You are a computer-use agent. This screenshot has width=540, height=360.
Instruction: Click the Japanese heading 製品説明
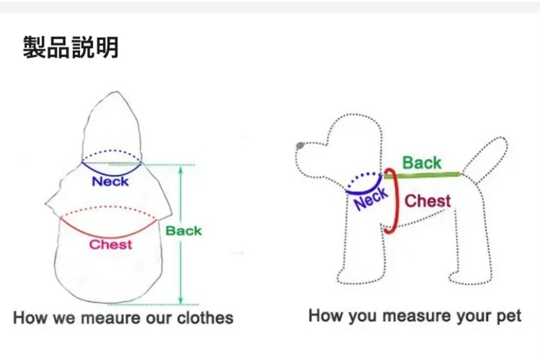tap(70, 47)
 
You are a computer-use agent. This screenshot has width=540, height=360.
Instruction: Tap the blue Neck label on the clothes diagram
tap(110, 182)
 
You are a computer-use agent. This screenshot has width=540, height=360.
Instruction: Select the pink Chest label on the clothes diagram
tap(111, 244)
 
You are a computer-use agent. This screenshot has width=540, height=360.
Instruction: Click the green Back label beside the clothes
tap(184, 231)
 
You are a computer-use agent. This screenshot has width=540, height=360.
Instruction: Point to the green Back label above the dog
tap(421, 163)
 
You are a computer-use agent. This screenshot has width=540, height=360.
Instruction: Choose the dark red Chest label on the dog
tap(427, 201)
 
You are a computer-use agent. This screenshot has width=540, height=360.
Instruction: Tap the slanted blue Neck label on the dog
tap(371, 199)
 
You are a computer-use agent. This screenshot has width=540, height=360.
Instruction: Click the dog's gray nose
tap(300, 146)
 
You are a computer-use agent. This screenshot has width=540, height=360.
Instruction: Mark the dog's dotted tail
tap(489, 156)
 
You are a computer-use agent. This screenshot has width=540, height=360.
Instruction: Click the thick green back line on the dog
tap(422, 175)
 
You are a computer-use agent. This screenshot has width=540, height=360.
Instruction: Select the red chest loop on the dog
tap(395, 201)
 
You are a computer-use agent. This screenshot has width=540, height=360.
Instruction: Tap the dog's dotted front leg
tap(359, 257)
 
